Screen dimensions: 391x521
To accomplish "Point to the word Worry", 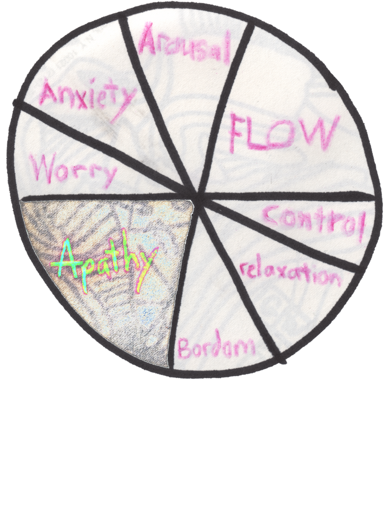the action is click(x=73, y=170).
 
